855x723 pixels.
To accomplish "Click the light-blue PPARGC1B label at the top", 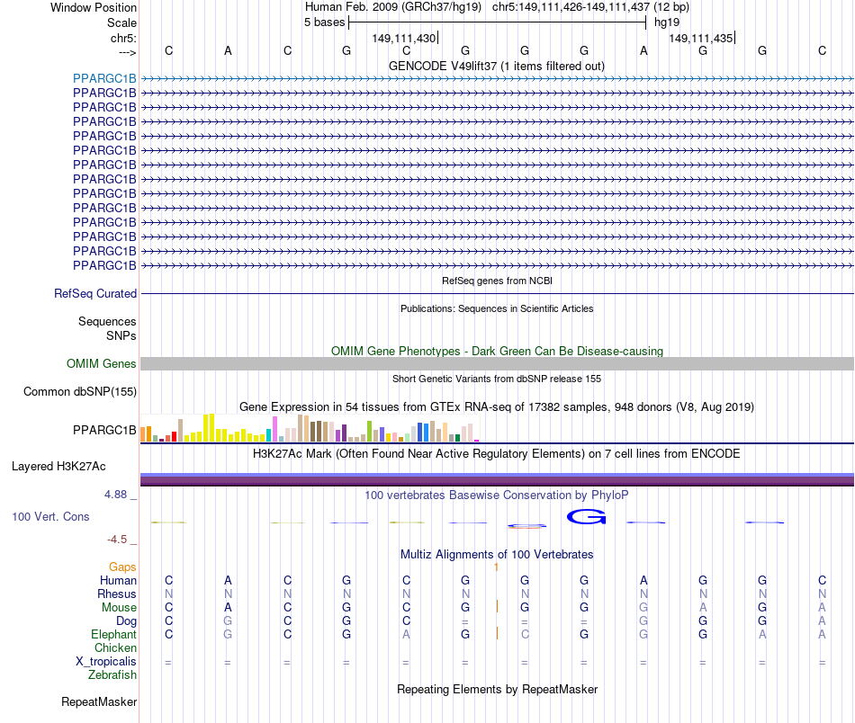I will [x=104, y=78].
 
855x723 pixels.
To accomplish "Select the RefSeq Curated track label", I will [x=95, y=293].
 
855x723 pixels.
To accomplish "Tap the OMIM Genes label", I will [x=101, y=364].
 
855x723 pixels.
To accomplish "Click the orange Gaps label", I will [x=122, y=567].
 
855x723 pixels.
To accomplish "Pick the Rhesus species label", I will [x=117, y=594].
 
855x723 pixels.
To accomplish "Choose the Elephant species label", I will [x=114, y=635].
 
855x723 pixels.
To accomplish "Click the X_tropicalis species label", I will [x=106, y=662].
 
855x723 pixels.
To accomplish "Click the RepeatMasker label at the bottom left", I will [x=99, y=701].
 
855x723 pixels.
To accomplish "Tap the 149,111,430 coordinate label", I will [x=403, y=38].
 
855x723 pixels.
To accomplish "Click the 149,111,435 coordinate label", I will [x=700, y=38].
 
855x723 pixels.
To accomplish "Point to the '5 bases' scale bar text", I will [x=324, y=22].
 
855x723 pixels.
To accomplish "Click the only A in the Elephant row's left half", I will [x=406, y=635].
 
